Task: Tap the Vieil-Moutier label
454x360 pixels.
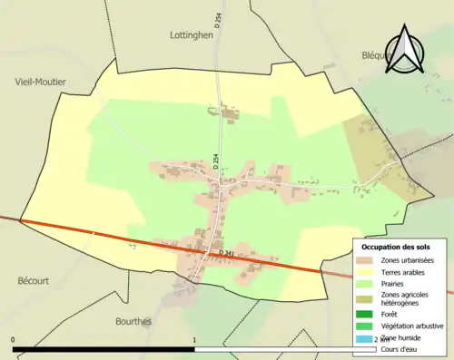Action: tap(41, 82)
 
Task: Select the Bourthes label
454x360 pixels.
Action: tap(133, 321)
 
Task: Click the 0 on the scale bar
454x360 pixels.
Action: tap(14, 340)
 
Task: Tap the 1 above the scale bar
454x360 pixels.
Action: tap(194, 340)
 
